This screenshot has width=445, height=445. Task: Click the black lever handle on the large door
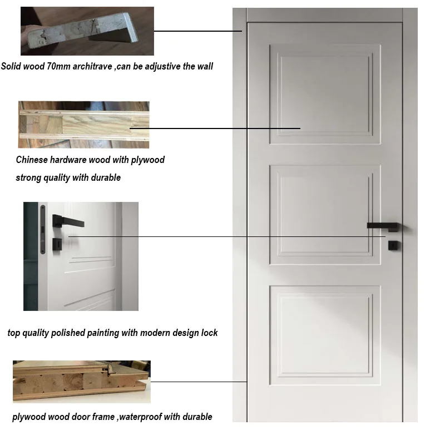384,226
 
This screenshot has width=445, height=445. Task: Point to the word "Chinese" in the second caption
32,160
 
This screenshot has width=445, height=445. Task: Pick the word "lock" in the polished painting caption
210,333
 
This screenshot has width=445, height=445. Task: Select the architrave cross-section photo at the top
87,31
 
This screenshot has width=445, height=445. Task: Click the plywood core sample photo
84,125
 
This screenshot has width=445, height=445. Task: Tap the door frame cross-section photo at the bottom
82,382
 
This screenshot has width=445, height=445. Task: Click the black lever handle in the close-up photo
68,221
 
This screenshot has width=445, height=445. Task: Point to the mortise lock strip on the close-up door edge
43,229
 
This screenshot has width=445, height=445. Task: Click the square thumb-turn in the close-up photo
57,244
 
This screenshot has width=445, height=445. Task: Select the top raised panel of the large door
325,94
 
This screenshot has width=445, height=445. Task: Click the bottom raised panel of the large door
325,335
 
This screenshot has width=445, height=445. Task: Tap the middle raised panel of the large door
325,215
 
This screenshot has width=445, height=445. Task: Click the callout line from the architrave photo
198,31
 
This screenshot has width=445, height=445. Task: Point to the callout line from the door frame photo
199,382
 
